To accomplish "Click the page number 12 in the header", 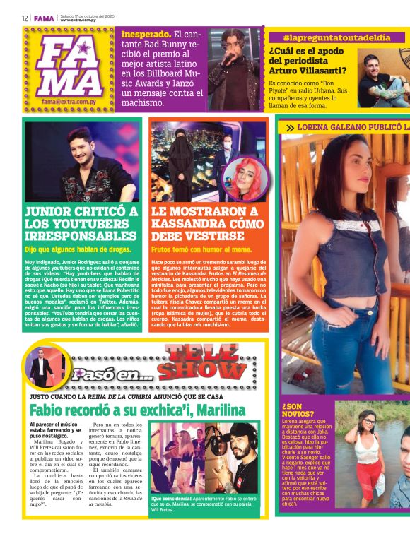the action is point(24,18).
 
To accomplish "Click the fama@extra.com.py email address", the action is point(69,101).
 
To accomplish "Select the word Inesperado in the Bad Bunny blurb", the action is point(146,34).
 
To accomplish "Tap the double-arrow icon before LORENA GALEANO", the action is point(290,128).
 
